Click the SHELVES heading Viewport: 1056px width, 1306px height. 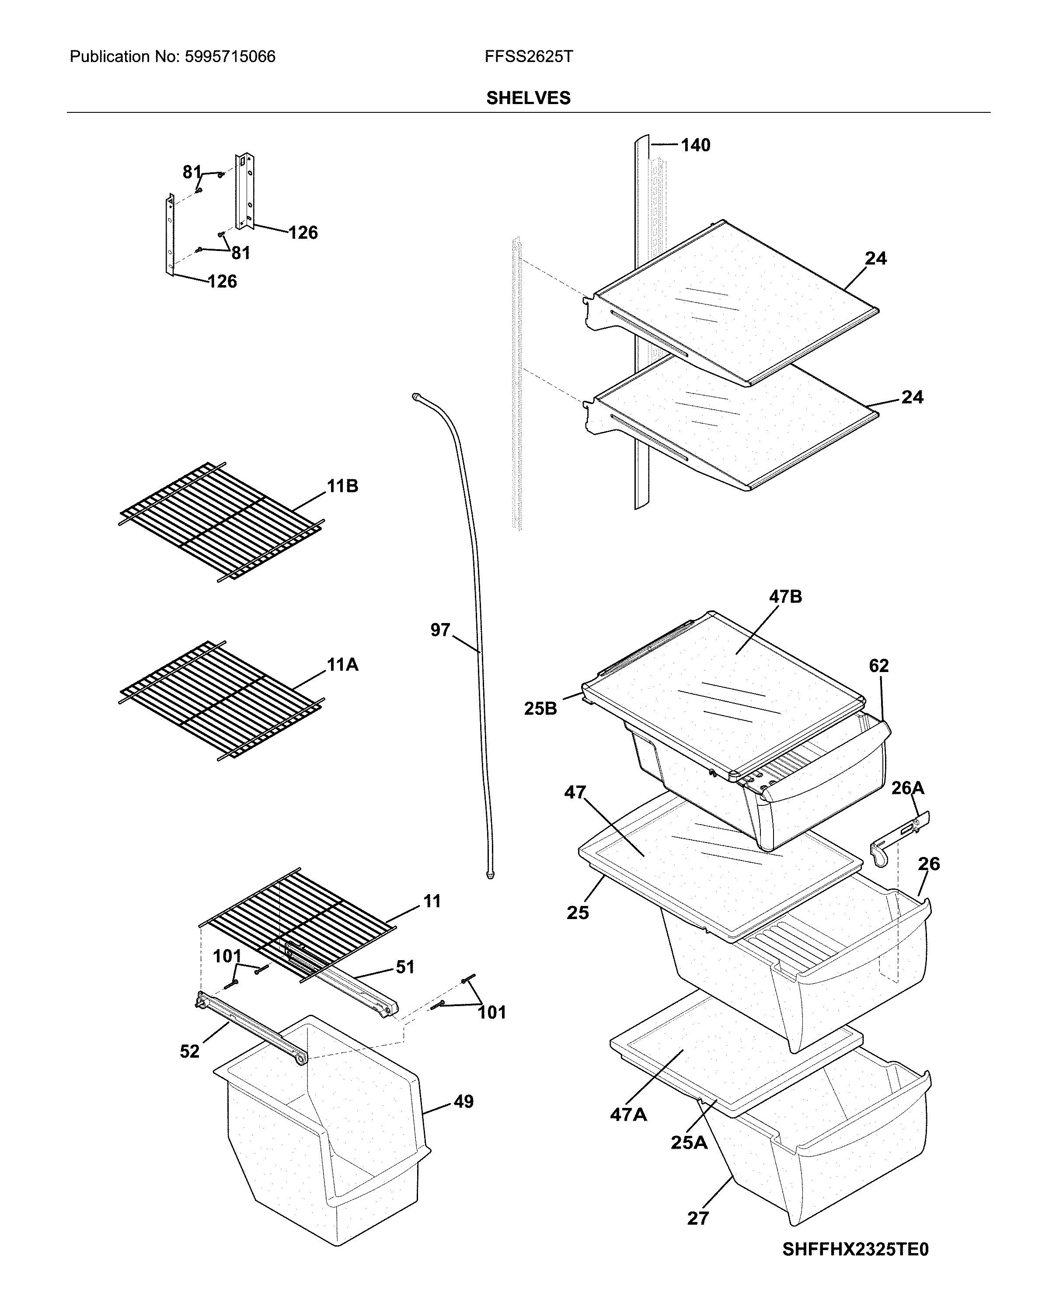click(x=528, y=98)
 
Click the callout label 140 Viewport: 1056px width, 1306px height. click(x=695, y=146)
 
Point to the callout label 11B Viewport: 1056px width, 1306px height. click(x=342, y=486)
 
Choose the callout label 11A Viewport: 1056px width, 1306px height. click(x=342, y=665)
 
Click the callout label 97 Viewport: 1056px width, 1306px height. click(x=440, y=630)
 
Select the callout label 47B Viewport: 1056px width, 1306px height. click(x=785, y=597)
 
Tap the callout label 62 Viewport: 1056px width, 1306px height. click(x=878, y=666)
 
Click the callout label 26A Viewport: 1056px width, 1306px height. click(x=908, y=788)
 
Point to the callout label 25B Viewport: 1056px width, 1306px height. click(x=540, y=709)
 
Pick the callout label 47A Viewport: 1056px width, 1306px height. click(x=628, y=1115)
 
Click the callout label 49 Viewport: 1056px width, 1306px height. click(x=463, y=1102)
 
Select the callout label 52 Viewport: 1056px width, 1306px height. click(x=189, y=1052)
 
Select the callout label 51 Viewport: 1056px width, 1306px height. click(x=405, y=967)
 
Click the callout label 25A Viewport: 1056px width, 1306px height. click(x=689, y=1143)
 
